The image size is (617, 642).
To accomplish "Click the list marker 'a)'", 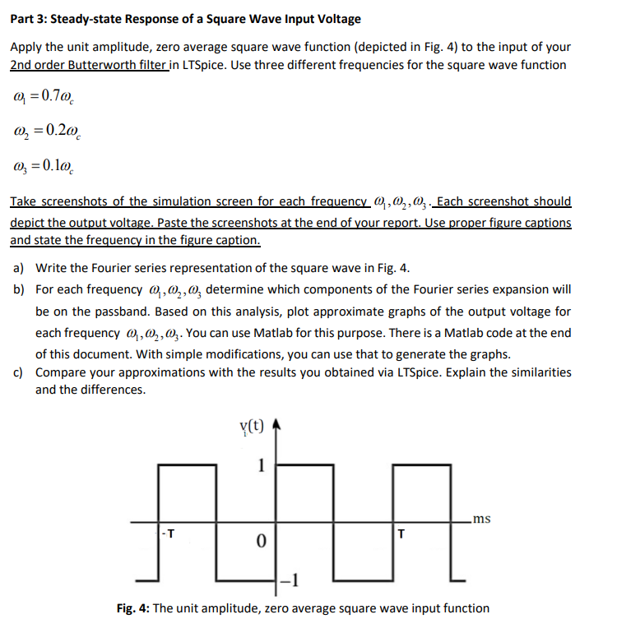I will [x=17, y=270].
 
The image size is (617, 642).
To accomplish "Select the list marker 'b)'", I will [x=17, y=289].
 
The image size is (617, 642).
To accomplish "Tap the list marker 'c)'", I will [x=17, y=372].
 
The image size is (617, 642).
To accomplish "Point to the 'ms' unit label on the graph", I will [x=483, y=518].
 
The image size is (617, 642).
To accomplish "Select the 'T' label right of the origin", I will [x=401, y=533].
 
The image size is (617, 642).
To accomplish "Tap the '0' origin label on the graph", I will [x=260, y=543].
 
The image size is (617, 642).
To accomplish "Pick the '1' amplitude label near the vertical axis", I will [x=261, y=464].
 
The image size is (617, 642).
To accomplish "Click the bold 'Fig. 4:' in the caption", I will [x=135, y=608].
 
